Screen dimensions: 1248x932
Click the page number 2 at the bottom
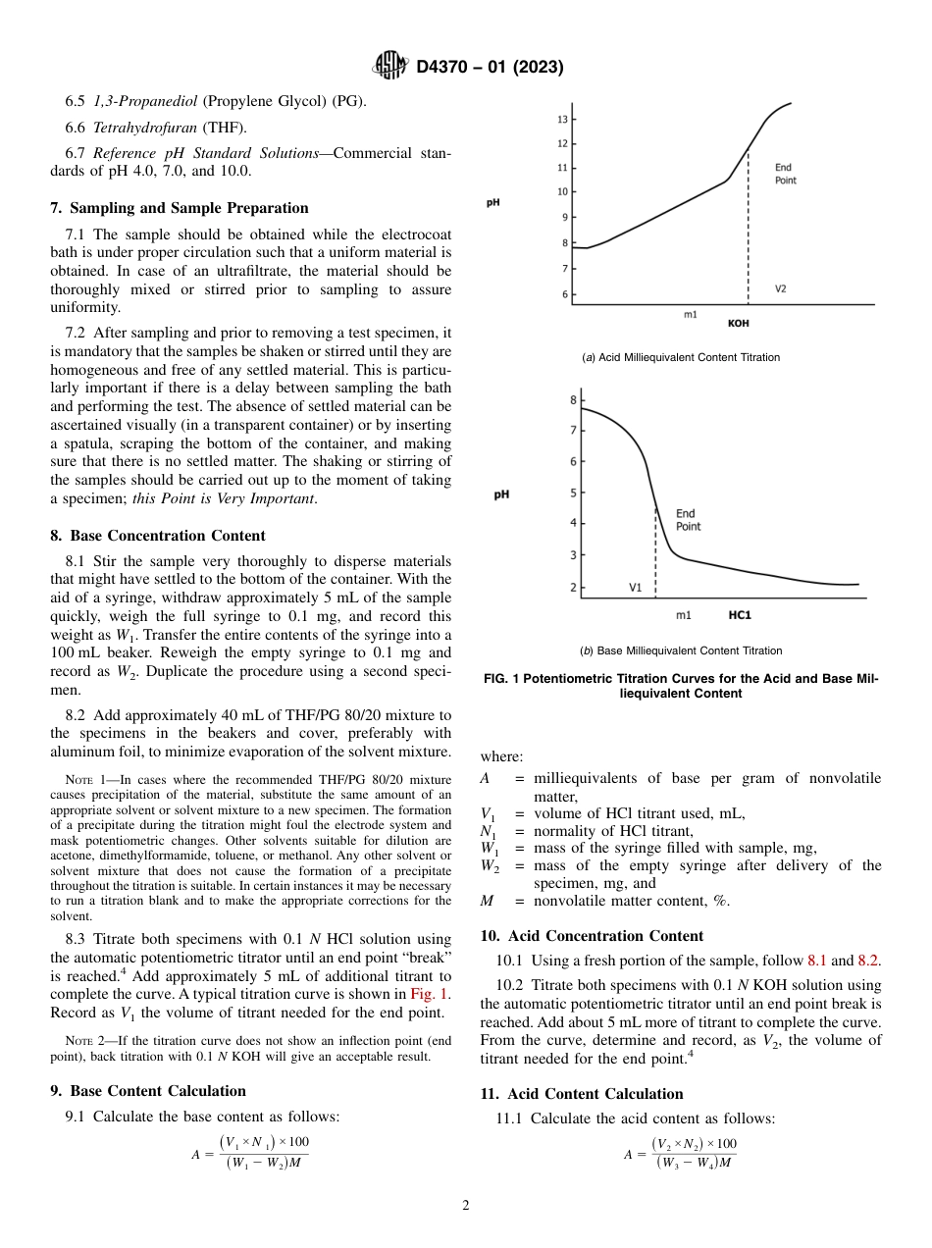466,1206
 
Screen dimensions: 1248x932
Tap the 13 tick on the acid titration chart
563,120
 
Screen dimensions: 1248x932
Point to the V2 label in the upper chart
780,288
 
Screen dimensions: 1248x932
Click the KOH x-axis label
738,322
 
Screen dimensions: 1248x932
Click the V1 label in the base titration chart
635,588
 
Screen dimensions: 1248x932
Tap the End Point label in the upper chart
785,174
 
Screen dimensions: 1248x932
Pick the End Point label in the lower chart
688,520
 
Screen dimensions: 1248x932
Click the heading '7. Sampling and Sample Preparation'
180,208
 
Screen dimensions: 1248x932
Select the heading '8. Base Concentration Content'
158,536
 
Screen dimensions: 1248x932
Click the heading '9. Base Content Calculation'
148,1091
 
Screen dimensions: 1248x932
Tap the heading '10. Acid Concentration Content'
593,936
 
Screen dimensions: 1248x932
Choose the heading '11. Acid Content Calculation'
582,1094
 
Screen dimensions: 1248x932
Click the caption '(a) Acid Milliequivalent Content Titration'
681,357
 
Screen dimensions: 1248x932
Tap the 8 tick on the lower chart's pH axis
573,400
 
